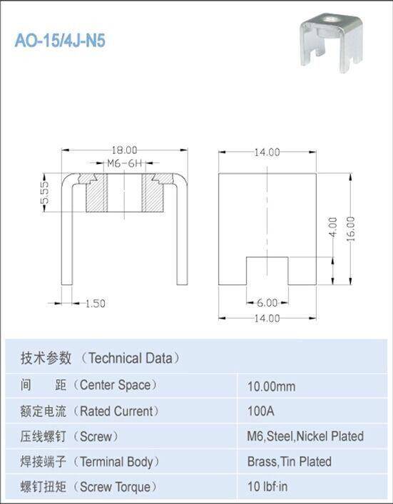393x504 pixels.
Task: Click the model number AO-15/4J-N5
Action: click(x=60, y=41)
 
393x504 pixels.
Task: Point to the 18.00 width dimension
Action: click(x=123, y=150)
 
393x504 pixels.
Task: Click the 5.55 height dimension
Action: click(x=45, y=192)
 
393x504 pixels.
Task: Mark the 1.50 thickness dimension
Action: click(x=95, y=303)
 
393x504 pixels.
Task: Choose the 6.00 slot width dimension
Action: click(x=267, y=303)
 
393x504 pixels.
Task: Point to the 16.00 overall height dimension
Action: click(x=351, y=229)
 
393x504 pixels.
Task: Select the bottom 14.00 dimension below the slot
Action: click(x=267, y=318)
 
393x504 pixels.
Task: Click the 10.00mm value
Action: click(x=271, y=386)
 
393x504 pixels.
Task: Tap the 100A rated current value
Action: click(x=260, y=411)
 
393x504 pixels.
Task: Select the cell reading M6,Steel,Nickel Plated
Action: click(x=305, y=436)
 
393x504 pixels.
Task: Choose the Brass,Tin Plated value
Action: click(x=289, y=461)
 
